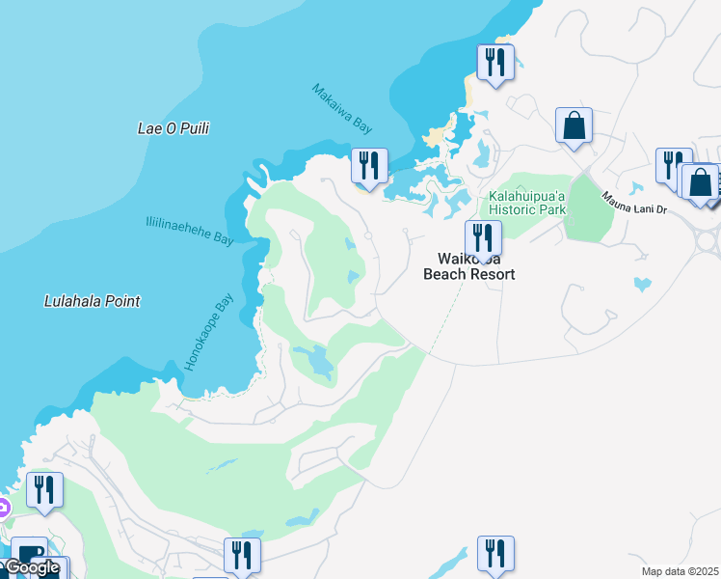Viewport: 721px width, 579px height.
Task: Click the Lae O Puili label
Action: tap(174, 128)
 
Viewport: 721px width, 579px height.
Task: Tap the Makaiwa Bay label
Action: tap(342, 108)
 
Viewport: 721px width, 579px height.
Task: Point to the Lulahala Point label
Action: tap(93, 301)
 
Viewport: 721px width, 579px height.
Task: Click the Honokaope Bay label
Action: tap(209, 333)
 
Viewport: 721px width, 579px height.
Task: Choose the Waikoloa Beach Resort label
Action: tap(469, 266)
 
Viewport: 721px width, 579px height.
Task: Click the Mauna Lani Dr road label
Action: tap(635, 206)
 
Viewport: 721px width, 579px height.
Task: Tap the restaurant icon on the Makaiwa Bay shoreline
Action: tap(368, 166)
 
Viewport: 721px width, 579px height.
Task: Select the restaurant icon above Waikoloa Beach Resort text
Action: tap(483, 237)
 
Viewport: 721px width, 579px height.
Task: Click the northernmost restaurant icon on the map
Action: tap(494, 63)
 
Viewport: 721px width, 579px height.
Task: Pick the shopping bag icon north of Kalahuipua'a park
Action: tap(574, 125)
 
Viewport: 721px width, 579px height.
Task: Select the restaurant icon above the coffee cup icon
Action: tap(44, 490)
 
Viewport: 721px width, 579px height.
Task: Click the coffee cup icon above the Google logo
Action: tap(27, 554)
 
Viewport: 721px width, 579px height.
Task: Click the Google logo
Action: tap(31, 568)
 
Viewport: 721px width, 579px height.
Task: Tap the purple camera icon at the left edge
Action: tap(3, 508)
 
